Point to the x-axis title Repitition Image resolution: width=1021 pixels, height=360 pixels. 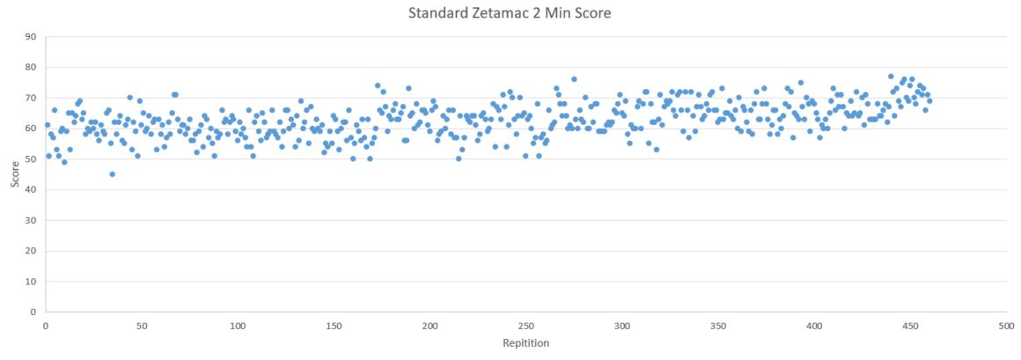pyautogui.click(x=525, y=343)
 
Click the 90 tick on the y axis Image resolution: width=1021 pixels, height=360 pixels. pyautogui.click(x=32, y=37)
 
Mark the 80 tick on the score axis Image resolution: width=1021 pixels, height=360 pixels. pyautogui.click(x=32, y=67)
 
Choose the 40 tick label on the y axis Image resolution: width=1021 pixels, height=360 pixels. pyautogui.click(x=32, y=189)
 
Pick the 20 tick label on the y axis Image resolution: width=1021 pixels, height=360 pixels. pyautogui.click(x=32, y=251)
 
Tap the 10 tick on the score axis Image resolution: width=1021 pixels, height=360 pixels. pyautogui.click(x=32, y=281)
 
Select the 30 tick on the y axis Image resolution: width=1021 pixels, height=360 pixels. pyautogui.click(x=32, y=220)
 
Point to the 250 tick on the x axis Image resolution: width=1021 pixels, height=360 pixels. pyautogui.click(x=525, y=325)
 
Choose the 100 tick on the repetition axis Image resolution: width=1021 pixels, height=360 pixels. pyautogui.click(x=238, y=325)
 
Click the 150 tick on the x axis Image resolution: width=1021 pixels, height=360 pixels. pyautogui.click(x=334, y=325)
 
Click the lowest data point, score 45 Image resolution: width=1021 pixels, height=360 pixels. pyautogui.click(x=112, y=174)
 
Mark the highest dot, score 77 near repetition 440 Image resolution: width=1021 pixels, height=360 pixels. pyautogui.click(x=891, y=77)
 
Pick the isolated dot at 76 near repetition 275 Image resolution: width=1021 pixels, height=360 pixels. pyautogui.click(x=574, y=79)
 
